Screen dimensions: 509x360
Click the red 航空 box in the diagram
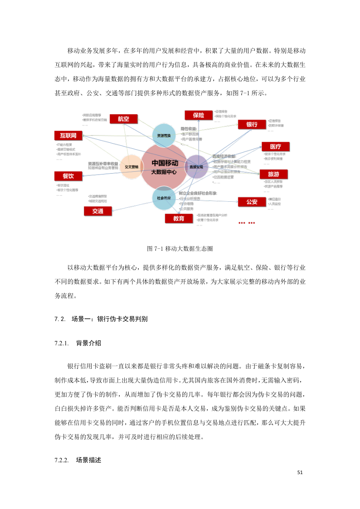pyautogui.click(x=124, y=119)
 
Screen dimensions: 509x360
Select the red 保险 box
pyautogui.click(x=198, y=115)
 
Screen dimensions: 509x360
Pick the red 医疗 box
pyautogui.click(x=275, y=146)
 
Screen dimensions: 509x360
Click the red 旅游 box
pyautogui.click(x=273, y=174)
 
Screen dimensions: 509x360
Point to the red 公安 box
pyautogui.click(x=252, y=202)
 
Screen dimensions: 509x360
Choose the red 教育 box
pyautogui.click(x=179, y=218)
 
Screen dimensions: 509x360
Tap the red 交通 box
pyautogui.click(x=97, y=211)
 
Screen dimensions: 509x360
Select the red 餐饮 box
pyautogui.click(x=68, y=175)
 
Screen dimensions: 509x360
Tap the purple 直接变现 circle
pyautogui.click(x=197, y=166)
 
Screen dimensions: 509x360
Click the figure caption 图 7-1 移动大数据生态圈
pyautogui.click(x=180, y=249)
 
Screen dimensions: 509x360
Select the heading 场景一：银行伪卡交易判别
pyautogui.click(x=109, y=319)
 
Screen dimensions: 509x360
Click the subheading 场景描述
pyautogui.click(x=89, y=460)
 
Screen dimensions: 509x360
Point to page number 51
pyautogui.click(x=300, y=473)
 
